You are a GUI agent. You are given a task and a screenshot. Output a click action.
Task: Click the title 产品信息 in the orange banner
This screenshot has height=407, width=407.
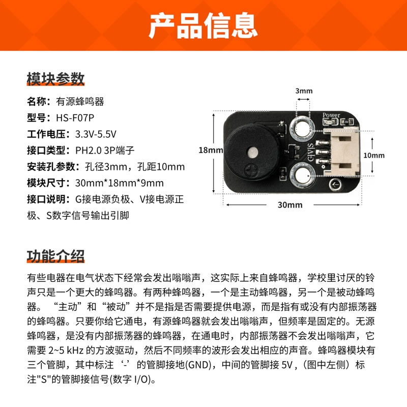[x=203, y=25]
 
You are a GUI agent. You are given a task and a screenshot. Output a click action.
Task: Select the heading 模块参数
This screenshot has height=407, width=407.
[x=55, y=79]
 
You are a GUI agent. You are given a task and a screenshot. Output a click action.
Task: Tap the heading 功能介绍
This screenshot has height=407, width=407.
[x=55, y=256]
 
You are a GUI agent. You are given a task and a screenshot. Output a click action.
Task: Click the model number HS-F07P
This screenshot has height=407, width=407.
[x=75, y=118]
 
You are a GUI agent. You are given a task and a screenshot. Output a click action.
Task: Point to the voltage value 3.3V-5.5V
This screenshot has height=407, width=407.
[x=96, y=134]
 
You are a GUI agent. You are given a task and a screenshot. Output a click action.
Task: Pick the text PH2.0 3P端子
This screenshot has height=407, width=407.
[x=105, y=151]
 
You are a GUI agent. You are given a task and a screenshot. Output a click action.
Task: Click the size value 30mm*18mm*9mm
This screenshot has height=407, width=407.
[x=120, y=183]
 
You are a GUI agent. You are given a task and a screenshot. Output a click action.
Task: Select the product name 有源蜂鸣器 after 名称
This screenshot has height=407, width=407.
[x=80, y=101]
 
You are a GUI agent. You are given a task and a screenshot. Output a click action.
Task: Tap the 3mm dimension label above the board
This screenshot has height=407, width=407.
[x=304, y=91]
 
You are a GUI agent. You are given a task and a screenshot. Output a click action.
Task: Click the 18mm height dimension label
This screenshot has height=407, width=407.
[x=211, y=150]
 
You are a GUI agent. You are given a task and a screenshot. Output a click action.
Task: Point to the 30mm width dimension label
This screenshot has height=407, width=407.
[x=290, y=205]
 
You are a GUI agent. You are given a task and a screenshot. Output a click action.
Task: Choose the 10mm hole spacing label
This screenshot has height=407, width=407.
[x=374, y=155]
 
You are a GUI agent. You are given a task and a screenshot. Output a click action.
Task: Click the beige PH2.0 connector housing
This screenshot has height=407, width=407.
[x=341, y=152]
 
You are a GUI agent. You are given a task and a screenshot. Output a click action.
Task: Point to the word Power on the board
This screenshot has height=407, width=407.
[x=331, y=115]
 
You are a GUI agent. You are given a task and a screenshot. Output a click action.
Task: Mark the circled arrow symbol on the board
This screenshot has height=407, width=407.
[x=335, y=185]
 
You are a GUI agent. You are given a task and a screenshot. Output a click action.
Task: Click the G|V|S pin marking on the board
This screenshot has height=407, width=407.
[x=310, y=152]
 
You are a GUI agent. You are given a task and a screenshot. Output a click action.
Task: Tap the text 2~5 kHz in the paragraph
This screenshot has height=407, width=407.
[x=66, y=351]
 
